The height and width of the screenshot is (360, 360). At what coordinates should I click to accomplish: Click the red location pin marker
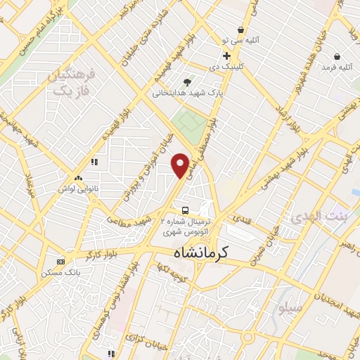(x=181, y=165)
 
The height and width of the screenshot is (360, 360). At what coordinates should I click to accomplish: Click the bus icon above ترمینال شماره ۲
(x=184, y=210)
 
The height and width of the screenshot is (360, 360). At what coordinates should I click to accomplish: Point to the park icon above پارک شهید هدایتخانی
(x=187, y=82)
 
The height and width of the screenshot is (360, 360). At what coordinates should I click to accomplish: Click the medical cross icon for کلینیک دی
(x=226, y=56)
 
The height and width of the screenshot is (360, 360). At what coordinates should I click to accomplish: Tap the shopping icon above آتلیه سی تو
(x=240, y=30)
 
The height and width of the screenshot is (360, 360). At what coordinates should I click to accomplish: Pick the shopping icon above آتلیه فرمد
(x=337, y=56)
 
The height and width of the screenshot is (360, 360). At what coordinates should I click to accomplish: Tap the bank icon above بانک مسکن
(x=60, y=262)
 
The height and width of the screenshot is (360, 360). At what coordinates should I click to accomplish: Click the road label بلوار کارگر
(x=116, y=252)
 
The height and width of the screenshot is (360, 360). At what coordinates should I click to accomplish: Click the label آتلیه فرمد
(x=336, y=67)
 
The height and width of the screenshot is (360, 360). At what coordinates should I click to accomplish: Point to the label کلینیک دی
(x=226, y=67)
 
